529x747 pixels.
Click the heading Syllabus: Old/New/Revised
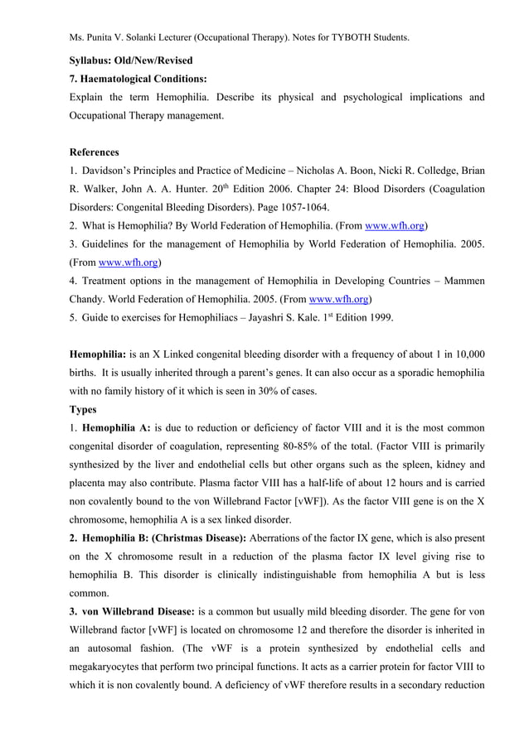131,60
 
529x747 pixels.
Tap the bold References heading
94,152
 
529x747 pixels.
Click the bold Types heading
83,409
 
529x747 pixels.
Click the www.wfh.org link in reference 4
338,299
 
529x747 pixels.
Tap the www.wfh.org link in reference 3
128,263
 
